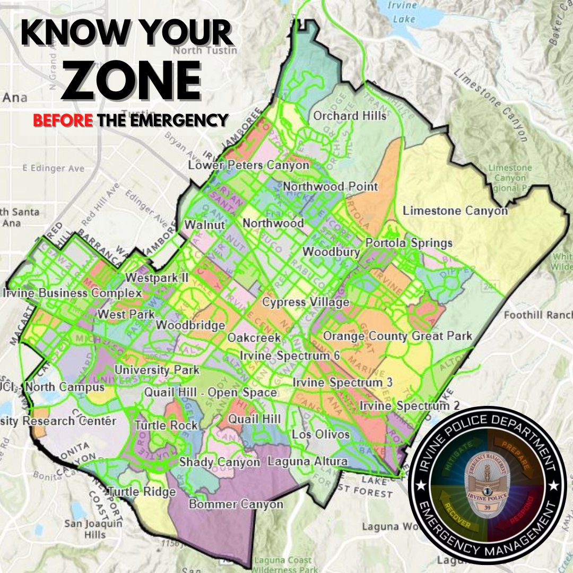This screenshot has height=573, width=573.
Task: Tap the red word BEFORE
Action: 63,120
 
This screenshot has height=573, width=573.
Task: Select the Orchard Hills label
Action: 350,116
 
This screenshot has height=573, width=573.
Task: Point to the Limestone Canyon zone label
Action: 455,211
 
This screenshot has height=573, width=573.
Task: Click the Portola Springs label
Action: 409,243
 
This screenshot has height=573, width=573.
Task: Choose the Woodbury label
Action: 331,251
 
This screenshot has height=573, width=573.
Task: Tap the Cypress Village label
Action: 306,302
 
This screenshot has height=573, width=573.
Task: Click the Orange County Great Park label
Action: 397,336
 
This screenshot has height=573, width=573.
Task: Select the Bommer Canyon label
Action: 236,504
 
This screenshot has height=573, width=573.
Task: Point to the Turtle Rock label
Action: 166,425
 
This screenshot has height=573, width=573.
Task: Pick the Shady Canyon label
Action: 220,462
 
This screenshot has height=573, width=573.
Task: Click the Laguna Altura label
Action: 307,462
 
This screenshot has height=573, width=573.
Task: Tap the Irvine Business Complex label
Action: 72,293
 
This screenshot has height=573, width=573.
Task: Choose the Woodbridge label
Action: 191,325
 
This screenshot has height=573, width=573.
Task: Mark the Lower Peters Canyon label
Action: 249,166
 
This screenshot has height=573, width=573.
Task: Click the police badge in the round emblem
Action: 487,485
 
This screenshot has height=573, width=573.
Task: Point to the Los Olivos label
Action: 321,435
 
